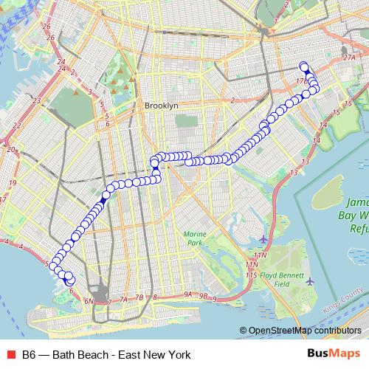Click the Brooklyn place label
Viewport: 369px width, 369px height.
click(x=162, y=106)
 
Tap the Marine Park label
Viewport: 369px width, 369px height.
click(x=193, y=238)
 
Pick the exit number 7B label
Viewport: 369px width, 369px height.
click(x=138, y=297)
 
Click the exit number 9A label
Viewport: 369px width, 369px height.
click(x=188, y=294)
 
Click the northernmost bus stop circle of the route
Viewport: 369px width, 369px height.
click(x=303, y=65)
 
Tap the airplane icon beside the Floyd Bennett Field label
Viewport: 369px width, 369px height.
click(x=310, y=281)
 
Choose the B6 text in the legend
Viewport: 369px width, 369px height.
click(x=28, y=355)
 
